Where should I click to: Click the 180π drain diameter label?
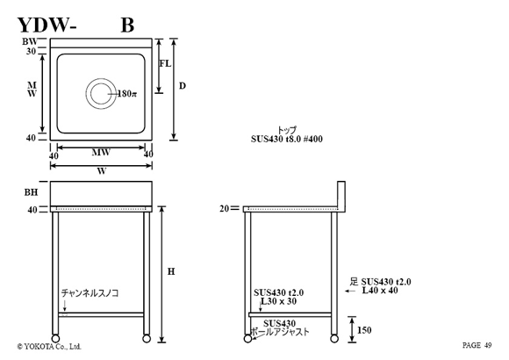(x=127, y=94)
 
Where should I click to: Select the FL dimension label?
(x=165, y=63)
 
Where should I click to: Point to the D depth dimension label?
(x=183, y=86)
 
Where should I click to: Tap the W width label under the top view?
(x=102, y=171)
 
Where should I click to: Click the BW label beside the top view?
(x=30, y=41)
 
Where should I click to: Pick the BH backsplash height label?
(x=32, y=192)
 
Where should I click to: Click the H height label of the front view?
(x=171, y=271)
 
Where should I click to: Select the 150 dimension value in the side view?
(x=364, y=330)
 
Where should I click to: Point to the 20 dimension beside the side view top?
(x=225, y=209)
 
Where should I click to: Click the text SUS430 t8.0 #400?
(x=287, y=139)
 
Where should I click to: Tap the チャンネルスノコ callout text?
(x=90, y=293)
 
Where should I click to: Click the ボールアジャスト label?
(x=280, y=332)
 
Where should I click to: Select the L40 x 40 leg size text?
(x=380, y=290)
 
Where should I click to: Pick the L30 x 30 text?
(x=278, y=301)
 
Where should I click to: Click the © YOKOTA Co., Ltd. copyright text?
(x=49, y=346)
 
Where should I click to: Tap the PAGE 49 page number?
(x=477, y=345)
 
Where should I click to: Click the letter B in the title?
(x=127, y=25)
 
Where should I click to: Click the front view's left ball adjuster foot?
(x=55, y=339)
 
